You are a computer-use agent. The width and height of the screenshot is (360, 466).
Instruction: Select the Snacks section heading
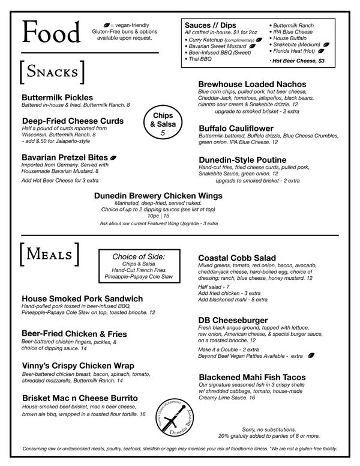[52, 73]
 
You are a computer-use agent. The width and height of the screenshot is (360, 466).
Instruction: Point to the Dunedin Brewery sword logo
[178, 414]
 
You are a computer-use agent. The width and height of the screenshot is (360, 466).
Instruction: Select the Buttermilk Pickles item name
[57, 97]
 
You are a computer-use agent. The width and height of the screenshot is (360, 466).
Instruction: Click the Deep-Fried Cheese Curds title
[73, 121]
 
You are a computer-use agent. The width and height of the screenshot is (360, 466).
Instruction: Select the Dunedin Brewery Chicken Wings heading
[158, 195]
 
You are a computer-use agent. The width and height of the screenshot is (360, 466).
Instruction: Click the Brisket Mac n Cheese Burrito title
[80, 398]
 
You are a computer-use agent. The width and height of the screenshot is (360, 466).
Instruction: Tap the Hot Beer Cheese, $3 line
[297, 61]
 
